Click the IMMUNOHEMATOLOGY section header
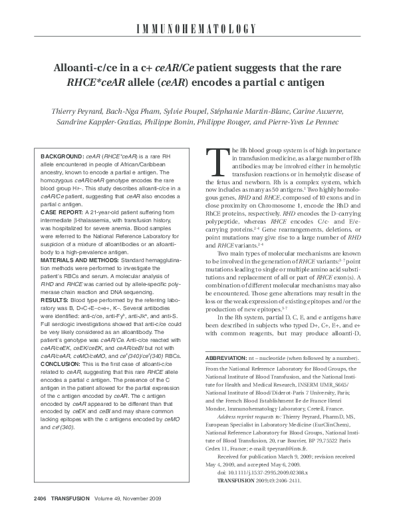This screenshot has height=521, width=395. (197, 28)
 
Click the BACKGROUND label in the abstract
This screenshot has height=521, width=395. (56, 154)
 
